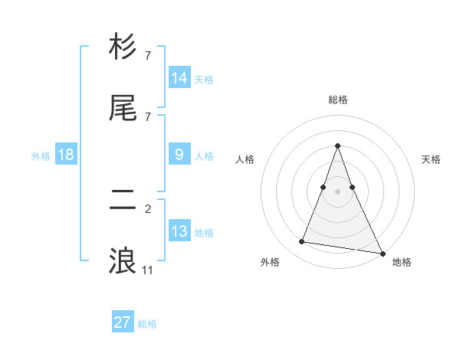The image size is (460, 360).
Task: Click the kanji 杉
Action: click(x=123, y=47)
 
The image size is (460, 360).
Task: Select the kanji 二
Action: click(x=123, y=201)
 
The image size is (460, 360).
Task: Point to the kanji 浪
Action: click(x=123, y=261)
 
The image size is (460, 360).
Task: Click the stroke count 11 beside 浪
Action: click(x=148, y=270)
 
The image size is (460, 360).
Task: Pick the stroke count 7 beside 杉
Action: click(x=148, y=55)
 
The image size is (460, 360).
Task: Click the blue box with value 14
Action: click(x=179, y=78)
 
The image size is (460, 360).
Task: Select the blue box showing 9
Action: click(x=179, y=155)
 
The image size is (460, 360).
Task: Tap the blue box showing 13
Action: click(x=179, y=231)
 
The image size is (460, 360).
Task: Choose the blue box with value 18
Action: click(x=66, y=155)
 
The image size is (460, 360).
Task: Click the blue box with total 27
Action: click(x=123, y=322)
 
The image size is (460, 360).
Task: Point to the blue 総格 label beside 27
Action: click(x=147, y=324)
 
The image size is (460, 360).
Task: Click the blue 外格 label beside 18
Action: click(x=41, y=155)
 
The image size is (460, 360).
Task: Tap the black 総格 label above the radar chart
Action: click(x=337, y=100)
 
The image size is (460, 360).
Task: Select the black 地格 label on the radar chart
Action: click(x=402, y=262)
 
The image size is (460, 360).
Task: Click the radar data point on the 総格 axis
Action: click(x=337, y=146)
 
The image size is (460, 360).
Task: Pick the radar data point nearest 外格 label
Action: click(x=302, y=242)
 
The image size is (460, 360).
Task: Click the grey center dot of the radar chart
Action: click(x=337, y=191)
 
